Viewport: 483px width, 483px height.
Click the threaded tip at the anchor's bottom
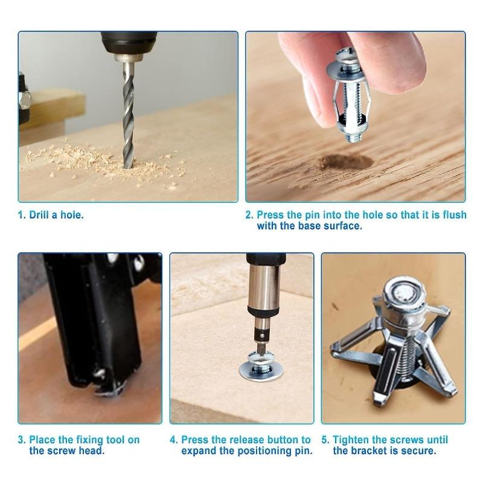[x=352, y=135]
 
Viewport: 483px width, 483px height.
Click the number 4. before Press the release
[x=174, y=440]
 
